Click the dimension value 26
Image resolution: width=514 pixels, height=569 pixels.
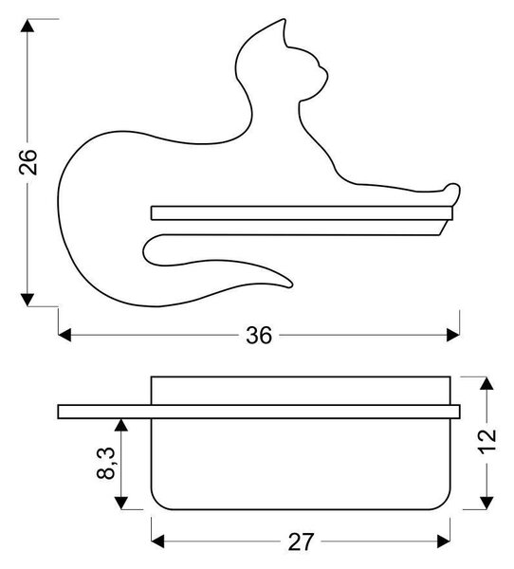(x=28, y=162)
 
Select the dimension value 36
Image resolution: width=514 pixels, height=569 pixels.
(x=259, y=336)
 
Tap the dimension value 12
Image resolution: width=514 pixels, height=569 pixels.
(x=486, y=441)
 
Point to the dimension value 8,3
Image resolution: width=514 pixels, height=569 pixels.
(x=106, y=464)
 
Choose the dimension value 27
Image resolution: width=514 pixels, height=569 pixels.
(x=301, y=541)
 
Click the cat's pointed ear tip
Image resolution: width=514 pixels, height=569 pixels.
(x=284, y=20)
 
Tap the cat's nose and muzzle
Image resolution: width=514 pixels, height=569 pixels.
(x=322, y=75)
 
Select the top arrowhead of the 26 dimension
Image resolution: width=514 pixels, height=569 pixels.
(x=28, y=26)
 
